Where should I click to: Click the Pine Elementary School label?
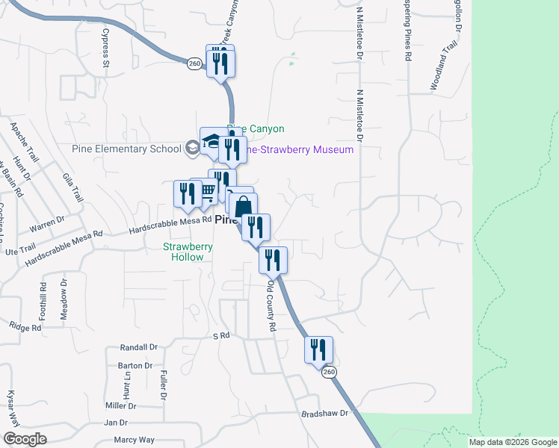pyautogui.click(x=127, y=148)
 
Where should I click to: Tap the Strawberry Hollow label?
pyautogui.click(x=188, y=252)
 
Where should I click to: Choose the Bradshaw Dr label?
pyautogui.click(x=325, y=413)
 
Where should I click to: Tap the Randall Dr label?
pyautogui.click(x=139, y=348)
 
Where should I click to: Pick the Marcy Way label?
pyautogui.click(x=135, y=440)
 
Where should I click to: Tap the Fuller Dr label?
pyautogui.click(x=161, y=385)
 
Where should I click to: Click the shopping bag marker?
pyautogui.click(x=244, y=206)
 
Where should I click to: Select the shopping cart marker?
pyautogui.click(x=207, y=191)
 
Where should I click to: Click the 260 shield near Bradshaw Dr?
pyautogui.click(x=327, y=372)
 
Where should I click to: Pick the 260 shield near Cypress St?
pyautogui.click(x=194, y=64)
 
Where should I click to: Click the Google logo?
pyautogui.click(x=25, y=439)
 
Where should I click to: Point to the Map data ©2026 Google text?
pyautogui.click(x=512, y=442)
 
